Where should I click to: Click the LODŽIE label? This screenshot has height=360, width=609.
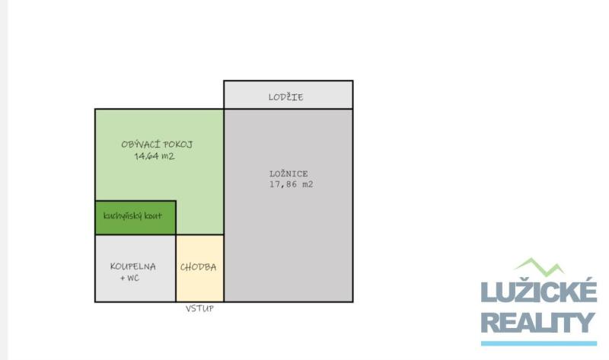pos(285,97)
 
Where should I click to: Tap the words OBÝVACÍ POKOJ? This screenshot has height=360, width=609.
pos(157,145)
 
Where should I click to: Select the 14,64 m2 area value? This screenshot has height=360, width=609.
pos(155,156)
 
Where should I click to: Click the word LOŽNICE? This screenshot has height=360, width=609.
pos(289,174)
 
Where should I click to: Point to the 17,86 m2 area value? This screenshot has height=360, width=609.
pos(292,184)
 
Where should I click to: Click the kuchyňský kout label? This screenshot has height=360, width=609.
pos(132,216)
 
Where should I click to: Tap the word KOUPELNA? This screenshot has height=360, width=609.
pos(132,266)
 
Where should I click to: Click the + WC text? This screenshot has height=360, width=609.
pos(129,278)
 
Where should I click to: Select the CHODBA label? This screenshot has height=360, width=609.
pos(198,267)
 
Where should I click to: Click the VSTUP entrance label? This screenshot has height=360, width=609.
pos(199,308)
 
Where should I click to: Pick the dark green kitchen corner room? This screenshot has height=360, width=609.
pos(136,218)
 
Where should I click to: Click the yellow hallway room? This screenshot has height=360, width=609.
pos(200,269)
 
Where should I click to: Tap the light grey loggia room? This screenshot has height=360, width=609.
pos(289,95)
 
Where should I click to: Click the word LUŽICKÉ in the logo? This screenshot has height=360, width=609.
pos(539,290)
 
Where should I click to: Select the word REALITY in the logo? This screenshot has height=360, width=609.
pos(538,323)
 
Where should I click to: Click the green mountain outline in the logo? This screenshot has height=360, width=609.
pos(539,267)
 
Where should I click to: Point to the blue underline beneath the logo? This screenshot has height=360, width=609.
pos(539,343)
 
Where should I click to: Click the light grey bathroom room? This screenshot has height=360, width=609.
pos(136,269)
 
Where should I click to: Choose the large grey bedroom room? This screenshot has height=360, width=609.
pos(289,205)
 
